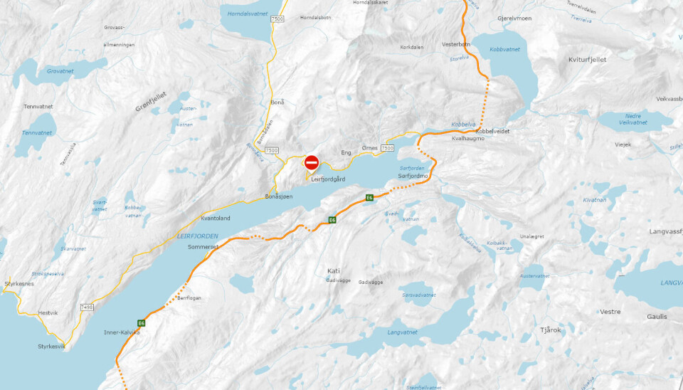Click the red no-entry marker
tap(312, 163)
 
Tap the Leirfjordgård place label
tap(328, 179)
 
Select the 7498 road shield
tap(87, 307)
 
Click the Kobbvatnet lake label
tap(505, 49)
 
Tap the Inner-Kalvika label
tap(122, 332)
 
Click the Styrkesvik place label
tap(51, 347)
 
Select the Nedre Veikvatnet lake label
tap(632, 118)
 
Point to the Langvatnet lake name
tap(402, 332)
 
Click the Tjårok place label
tap(551, 330)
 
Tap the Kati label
tap(334, 271)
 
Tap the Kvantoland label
tap(216, 218)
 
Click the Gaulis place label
tap(657, 317)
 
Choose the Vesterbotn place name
tap(456, 44)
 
